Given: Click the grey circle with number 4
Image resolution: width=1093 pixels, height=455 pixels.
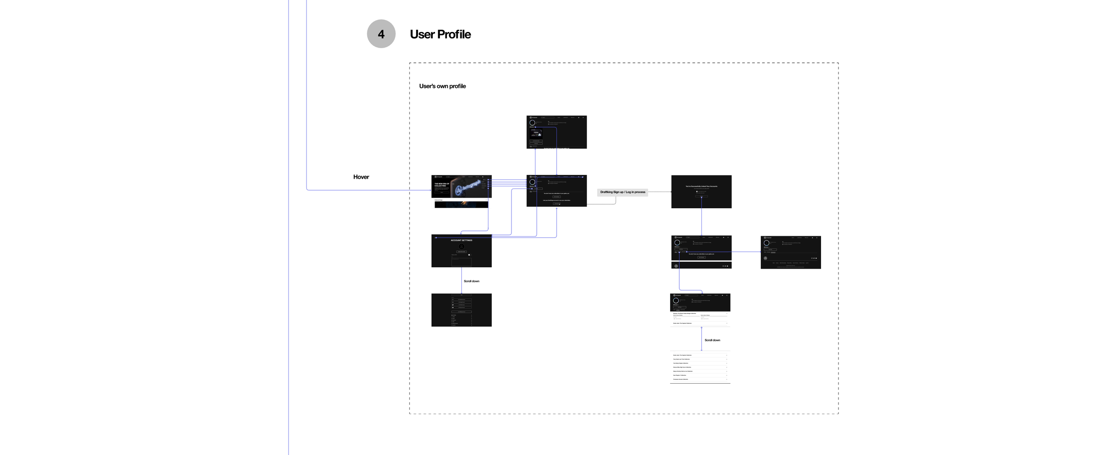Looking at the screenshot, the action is (381, 34).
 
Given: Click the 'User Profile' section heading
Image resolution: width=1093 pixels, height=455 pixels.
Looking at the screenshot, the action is (440, 34).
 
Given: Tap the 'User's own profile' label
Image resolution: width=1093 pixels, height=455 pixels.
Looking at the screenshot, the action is (442, 86).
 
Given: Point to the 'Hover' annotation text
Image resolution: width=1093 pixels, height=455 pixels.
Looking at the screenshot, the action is (361, 177).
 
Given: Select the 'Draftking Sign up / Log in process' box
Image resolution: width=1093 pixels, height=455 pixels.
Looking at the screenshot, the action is (622, 192).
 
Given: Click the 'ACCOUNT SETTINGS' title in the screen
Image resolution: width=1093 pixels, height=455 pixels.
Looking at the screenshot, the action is (461, 240).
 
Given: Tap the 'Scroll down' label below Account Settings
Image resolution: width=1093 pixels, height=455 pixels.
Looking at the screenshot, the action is (471, 281).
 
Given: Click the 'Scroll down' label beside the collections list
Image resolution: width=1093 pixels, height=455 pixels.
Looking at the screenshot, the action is (712, 340).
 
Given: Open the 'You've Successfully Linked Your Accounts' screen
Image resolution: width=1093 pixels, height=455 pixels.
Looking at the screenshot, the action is (701, 192).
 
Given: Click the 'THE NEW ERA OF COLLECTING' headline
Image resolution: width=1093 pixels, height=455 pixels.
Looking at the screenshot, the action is (441, 185).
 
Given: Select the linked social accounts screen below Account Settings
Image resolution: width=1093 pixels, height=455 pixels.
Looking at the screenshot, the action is (461, 310).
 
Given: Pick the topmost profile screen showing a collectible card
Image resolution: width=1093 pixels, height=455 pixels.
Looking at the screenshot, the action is (556, 132).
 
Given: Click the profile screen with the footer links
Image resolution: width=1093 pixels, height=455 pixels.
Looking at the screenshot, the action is (790, 252).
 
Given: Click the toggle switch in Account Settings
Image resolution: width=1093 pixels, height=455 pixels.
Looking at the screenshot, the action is (469, 255).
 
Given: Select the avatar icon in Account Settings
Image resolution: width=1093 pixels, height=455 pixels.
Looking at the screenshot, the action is (461, 247).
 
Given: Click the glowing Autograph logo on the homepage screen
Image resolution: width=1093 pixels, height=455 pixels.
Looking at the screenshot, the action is (467, 187).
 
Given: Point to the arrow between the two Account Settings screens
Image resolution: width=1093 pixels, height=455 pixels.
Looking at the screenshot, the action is (461, 280).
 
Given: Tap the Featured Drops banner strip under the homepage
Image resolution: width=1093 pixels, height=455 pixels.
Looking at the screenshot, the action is (461, 204).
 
